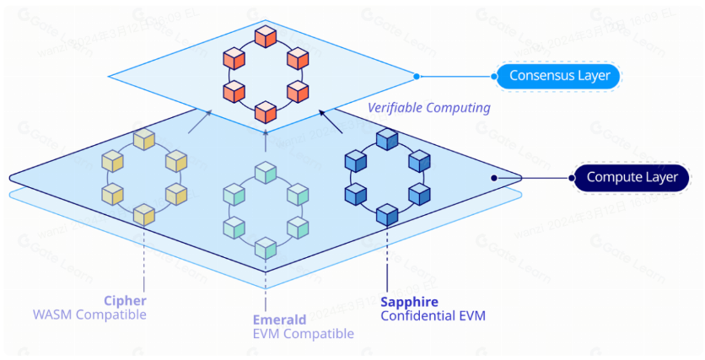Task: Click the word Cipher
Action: (x=125, y=300)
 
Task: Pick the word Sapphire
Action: (x=410, y=301)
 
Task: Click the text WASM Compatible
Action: (x=89, y=315)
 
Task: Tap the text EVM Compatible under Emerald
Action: (x=304, y=334)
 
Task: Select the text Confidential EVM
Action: (x=433, y=316)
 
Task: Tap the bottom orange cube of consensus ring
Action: (x=266, y=110)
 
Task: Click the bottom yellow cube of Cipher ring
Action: (x=143, y=214)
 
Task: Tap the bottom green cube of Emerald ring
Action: (x=266, y=248)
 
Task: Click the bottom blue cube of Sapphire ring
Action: (x=387, y=214)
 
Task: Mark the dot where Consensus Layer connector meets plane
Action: (x=416, y=77)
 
